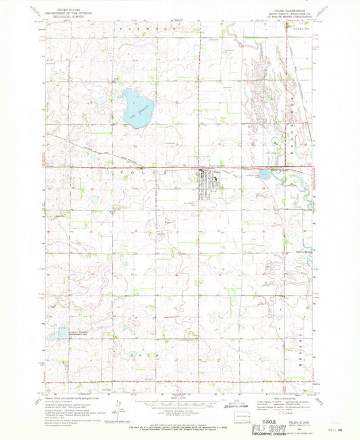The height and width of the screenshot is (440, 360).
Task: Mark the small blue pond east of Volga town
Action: coord(264,175)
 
